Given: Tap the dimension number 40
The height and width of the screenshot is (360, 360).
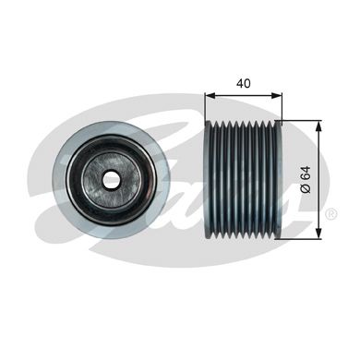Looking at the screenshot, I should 244,81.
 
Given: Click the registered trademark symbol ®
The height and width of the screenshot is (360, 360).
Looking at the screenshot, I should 330,215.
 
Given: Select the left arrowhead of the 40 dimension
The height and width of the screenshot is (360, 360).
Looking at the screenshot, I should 209,94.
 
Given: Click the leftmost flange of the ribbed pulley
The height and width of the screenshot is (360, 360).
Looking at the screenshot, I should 208,180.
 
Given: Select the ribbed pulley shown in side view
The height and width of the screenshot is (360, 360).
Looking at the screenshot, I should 242,180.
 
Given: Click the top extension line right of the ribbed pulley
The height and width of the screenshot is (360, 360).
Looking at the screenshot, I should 301,121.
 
